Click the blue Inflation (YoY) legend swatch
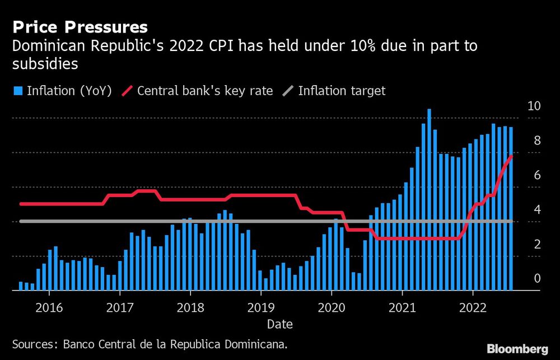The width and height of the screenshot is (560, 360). (x=17, y=91)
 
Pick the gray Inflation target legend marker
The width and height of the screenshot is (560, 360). (x=288, y=91)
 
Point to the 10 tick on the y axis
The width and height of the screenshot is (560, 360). (x=534, y=106)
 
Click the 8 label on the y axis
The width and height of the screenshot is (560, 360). (x=537, y=141)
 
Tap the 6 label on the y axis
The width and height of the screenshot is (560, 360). (x=537, y=175)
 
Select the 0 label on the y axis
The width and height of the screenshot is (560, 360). (x=537, y=278)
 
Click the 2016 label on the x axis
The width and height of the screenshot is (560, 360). (x=49, y=307)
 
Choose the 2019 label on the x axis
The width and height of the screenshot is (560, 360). (x=260, y=307)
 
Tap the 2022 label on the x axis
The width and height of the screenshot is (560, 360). (x=472, y=307)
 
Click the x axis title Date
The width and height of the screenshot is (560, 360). (x=279, y=324)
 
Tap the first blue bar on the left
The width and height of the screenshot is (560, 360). (x=21, y=286)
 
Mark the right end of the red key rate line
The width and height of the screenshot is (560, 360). (x=511, y=156)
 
